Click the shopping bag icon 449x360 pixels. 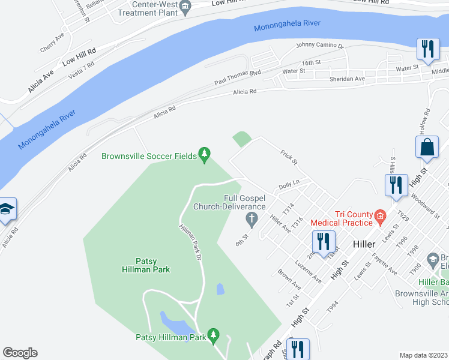click(x=427, y=147)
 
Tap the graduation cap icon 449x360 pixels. click(x=5, y=209)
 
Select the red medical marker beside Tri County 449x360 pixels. click(x=379, y=216)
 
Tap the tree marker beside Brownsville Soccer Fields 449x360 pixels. click(x=205, y=155)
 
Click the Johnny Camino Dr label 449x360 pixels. click(x=319, y=46)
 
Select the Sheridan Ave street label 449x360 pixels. click(x=347, y=79)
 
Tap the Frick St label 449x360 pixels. click(x=289, y=158)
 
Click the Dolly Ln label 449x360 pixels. click(x=289, y=186)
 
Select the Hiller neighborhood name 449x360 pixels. click(x=364, y=244)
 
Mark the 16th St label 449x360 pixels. click(x=312, y=63)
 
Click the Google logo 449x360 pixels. click(x=20, y=352)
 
